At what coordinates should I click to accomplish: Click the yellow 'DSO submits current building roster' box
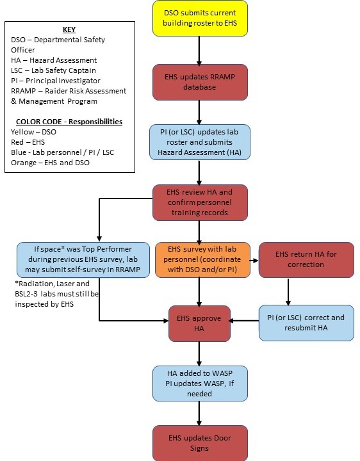(200, 18)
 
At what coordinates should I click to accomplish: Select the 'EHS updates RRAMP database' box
(200, 82)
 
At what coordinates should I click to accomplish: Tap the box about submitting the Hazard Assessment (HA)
(200, 142)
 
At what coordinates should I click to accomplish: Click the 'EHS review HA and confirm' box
(200, 202)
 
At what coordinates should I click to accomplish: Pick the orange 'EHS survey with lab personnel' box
(202, 259)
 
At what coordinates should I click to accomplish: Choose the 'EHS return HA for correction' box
(306, 259)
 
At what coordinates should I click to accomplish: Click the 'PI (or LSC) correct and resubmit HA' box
(306, 323)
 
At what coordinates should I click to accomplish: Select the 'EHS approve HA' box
(199, 323)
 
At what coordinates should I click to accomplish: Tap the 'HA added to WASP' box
(200, 384)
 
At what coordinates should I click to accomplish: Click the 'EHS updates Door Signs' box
(200, 443)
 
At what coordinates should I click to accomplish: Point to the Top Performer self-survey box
(83, 259)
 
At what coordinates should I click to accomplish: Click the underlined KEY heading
(69, 29)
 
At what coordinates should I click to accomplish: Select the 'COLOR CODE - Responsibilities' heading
(69, 122)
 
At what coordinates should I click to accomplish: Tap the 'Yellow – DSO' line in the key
(33, 132)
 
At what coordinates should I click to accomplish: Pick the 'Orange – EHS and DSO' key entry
(51, 163)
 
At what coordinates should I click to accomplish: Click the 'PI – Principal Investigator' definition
(56, 81)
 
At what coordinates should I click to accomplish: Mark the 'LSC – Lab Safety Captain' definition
(53, 70)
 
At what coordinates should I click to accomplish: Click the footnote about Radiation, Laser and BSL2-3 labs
(57, 294)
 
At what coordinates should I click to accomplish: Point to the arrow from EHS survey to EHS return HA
(254, 261)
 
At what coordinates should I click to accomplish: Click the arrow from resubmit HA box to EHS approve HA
(244, 321)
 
